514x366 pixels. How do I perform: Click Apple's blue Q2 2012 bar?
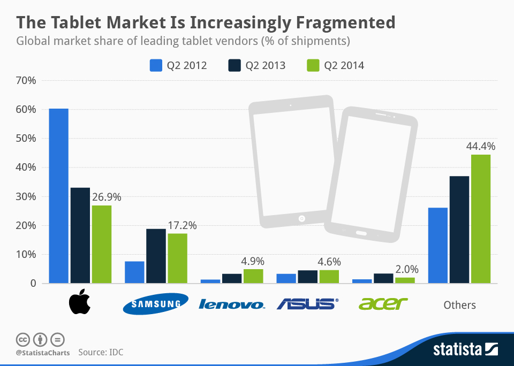click(x=58, y=196)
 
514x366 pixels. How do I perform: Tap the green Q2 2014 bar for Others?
click(x=480, y=219)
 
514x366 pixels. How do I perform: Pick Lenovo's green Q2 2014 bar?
click(x=253, y=276)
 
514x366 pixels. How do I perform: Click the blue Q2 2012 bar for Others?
click(x=437, y=245)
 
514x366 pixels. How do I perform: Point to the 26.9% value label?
click(x=107, y=197)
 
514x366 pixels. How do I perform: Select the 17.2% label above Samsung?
click(x=182, y=225)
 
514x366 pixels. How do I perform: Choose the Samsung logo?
click(x=155, y=304)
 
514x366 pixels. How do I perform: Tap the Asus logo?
click(x=307, y=304)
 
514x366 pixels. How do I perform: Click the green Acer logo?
click(x=383, y=304)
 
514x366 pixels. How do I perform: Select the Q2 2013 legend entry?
click(x=257, y=66)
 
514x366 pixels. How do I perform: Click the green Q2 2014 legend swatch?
click(x=313, y=66)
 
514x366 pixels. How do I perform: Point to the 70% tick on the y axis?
click(x=26, y=81)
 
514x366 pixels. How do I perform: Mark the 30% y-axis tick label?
click(x=26, y=196)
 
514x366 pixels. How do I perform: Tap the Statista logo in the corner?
click(x=465, y=350)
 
